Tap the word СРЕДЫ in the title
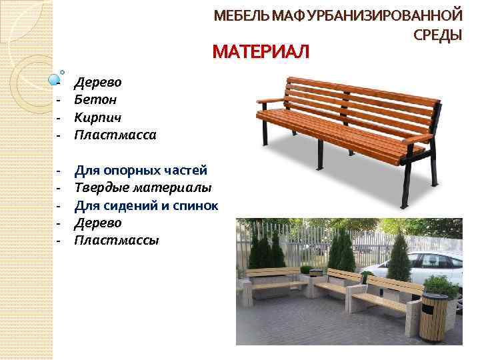[x=438, y=35]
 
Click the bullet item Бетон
[x=96, y=99]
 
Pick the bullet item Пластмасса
[x=115, y=135]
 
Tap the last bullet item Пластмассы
[x=117, y=239]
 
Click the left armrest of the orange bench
[x=271, y=100]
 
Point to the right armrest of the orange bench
[x=418, y=138]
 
